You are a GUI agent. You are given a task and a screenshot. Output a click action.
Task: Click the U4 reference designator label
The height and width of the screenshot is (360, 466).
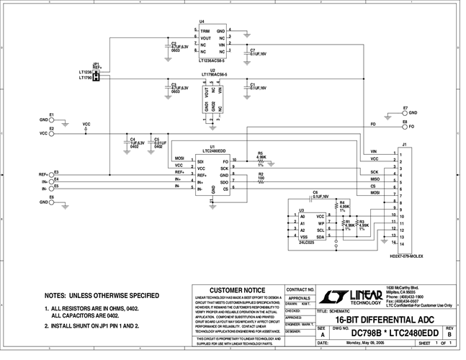[202, 22]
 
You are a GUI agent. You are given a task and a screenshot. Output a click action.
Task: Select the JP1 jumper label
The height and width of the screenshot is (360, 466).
[96, 63]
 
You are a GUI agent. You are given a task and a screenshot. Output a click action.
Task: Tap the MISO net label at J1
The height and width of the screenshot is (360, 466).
[374, 179]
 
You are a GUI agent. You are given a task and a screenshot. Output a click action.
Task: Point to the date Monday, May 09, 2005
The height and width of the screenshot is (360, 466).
[366, 344]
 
